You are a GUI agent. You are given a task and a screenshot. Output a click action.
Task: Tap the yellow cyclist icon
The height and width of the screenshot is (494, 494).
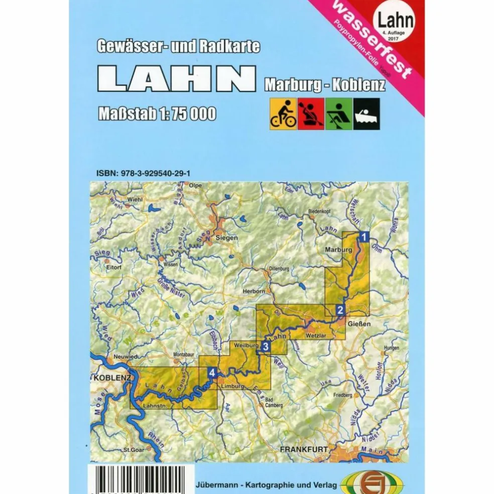coord(283,114)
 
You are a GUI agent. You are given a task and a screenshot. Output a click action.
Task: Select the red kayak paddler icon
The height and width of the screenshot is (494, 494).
coord(311,114)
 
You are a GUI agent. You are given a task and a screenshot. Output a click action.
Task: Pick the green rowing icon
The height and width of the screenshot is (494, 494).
coord(339,114)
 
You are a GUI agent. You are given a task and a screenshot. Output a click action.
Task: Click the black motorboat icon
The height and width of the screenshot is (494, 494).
coord(366,114)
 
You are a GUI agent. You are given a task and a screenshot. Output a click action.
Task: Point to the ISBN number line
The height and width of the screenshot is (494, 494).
coord(143,173)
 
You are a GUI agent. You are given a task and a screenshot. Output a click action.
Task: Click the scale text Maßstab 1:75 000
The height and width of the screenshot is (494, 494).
coord(157,113)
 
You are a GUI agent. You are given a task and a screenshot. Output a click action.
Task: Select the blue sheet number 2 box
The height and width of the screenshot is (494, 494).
coord(340,310)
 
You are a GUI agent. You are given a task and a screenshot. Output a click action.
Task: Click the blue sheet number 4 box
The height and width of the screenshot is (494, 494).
coord(213,373)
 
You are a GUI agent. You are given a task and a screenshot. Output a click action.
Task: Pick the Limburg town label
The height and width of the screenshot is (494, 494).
coord(232,387)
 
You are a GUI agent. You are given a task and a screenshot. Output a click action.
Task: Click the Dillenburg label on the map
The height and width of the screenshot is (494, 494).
coord(283,269)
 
